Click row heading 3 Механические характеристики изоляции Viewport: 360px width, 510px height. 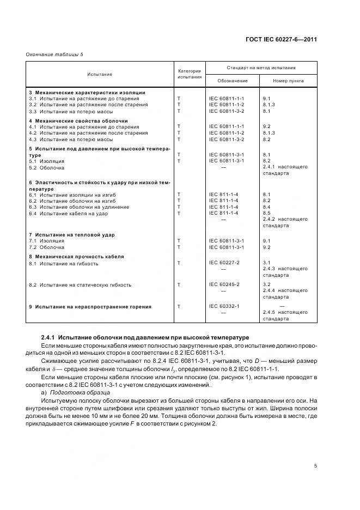tap(87, 92)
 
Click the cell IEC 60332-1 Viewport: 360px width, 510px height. tap(224, 306)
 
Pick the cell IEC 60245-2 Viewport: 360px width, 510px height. tap(224, 284)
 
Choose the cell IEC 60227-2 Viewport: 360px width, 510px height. tap(224, 263)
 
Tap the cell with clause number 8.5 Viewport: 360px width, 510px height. tap(266, 213)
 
